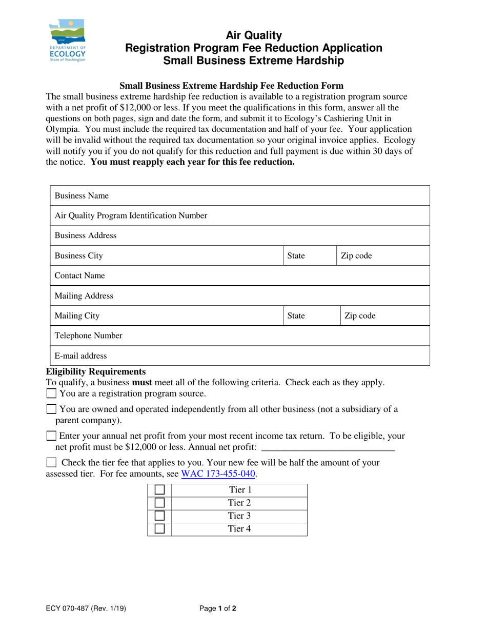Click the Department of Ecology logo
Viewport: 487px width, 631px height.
click(67, 41)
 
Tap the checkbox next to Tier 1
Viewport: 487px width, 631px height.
click(159, 490)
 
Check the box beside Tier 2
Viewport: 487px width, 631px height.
click(159, 503)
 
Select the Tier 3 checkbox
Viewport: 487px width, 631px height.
click(159, 516)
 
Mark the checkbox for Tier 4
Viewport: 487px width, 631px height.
click(159, 529)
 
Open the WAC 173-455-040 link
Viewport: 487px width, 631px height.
click(218, 474)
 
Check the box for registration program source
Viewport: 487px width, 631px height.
click(51, 393)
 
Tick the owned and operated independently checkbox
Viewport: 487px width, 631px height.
click(51, 409)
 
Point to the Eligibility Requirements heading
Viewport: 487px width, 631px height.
click(96, 371)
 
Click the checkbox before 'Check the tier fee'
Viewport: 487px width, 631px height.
click(51, 462)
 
